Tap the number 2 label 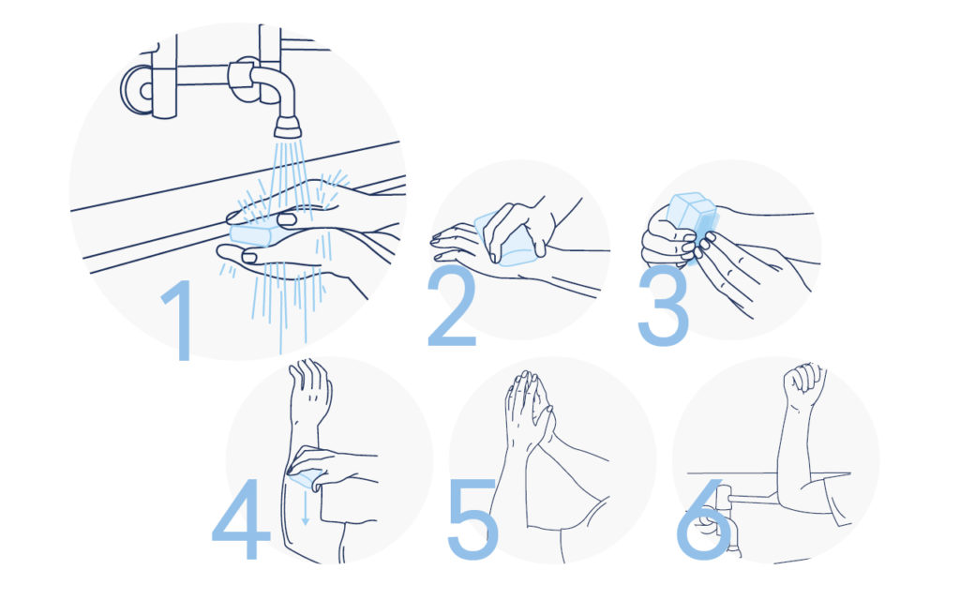tap(452, 307)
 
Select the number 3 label tap(663, 307)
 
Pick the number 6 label tap(705, 519)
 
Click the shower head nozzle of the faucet tap(287, 127)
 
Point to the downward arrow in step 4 tap(305, 509)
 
